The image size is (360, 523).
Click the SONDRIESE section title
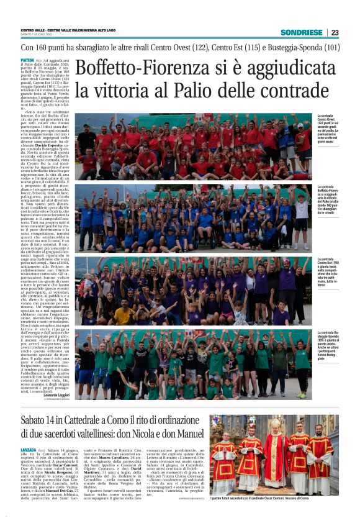[301, 32]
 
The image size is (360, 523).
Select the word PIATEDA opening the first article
[28, 60]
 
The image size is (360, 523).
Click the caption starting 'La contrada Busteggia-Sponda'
[328, 345]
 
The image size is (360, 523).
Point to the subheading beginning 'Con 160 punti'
[180, 47]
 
